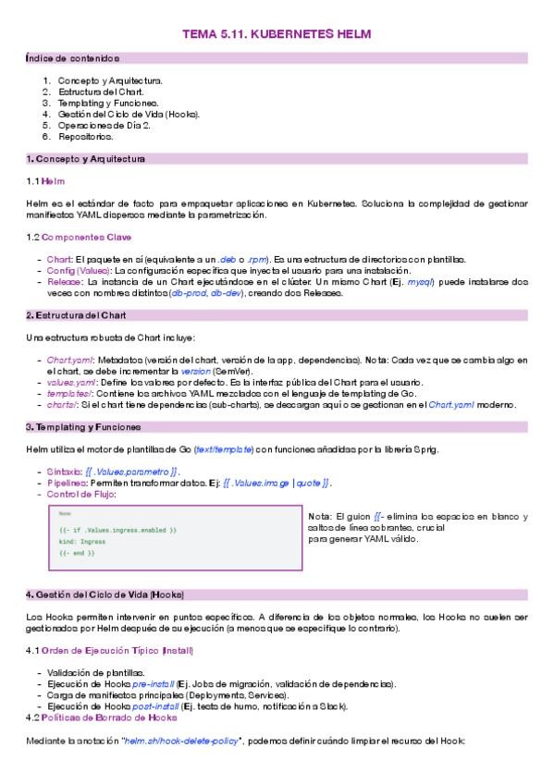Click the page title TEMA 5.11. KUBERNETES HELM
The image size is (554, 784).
point(277,34)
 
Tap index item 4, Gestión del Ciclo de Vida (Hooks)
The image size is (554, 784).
point(129,114)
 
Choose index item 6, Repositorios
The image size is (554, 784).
point(86,136)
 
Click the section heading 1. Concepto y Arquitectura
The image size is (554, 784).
point(85,159)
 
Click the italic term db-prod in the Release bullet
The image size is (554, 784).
point(190,293)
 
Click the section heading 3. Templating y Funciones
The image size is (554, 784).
point(83,427)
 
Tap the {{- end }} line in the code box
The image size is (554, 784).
point(77,552)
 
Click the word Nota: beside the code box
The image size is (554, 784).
point(319,516)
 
